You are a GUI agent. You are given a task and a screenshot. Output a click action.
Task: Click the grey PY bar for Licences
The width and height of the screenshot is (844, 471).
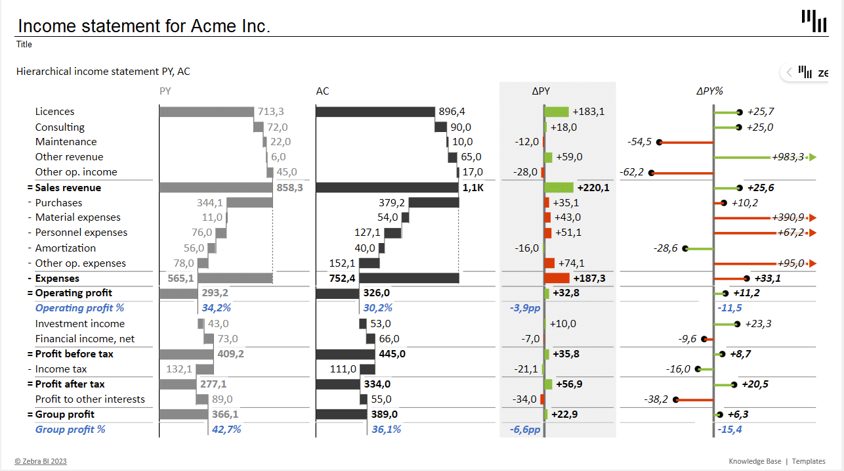coord(206,112)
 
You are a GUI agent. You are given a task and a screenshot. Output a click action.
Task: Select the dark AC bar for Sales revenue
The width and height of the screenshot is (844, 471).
coord(387,188)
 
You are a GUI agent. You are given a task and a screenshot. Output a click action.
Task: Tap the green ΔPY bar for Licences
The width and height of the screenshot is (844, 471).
coord(557,112)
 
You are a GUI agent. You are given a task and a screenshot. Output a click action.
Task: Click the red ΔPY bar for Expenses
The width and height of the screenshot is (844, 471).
coord(557,279)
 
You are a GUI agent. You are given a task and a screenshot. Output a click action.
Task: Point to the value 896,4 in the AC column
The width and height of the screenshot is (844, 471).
coord(452,112)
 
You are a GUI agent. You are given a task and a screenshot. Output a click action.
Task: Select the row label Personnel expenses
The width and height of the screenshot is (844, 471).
coord(81,233)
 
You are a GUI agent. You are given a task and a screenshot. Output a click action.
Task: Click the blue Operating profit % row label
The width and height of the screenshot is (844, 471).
coord(79,308)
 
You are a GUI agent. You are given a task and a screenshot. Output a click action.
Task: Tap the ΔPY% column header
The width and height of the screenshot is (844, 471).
coord(709,91)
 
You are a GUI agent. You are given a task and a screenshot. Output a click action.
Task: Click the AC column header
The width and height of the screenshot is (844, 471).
coord(322,91)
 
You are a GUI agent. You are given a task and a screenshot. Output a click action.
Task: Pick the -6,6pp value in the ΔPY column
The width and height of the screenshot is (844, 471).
coord(525,430)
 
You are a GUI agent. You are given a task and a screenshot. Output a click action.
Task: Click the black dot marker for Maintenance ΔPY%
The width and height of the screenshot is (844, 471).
coord(659,142)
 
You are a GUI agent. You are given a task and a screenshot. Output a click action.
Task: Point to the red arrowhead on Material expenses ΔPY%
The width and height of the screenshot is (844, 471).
coord(813,217)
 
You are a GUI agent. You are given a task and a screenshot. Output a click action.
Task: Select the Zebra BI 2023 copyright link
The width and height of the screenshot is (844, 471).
coord(41,461)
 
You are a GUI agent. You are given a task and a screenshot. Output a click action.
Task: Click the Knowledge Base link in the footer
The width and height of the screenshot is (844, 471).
coord(755,461)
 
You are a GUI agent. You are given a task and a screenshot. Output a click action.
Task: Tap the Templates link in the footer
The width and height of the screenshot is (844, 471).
coord(809,461)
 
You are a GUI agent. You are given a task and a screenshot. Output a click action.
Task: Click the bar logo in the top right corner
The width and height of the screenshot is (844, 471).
coord(814,21)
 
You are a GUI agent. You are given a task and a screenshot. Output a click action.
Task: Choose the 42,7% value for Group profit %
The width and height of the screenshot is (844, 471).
coord(226,430)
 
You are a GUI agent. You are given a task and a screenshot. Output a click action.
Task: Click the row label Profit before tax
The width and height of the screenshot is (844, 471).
coord(74,354)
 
